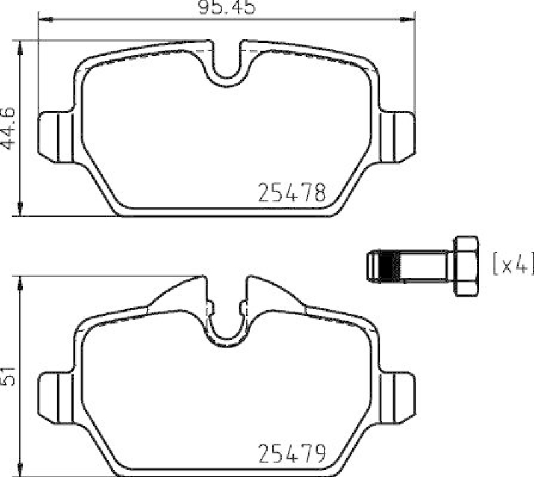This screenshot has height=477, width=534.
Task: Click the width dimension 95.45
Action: pos(227,8)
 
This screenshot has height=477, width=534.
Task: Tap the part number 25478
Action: pos(292,194)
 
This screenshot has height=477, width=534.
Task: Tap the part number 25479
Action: pos(292,454)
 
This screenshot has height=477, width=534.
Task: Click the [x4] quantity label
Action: pos(513,265)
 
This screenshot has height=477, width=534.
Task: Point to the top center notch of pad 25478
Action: pos(227,67)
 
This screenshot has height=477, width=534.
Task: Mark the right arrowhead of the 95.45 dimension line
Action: pos(410,20)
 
